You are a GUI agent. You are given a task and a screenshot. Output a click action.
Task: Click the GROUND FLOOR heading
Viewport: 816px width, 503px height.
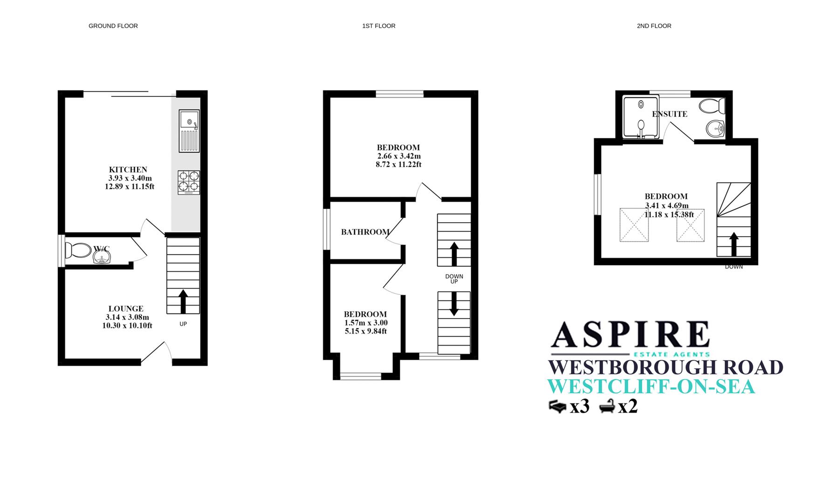click(113, 26)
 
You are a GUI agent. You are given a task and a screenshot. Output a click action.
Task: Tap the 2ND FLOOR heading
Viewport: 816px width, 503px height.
click(654, 26)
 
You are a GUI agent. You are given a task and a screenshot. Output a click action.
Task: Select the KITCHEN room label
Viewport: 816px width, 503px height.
click(128, 170)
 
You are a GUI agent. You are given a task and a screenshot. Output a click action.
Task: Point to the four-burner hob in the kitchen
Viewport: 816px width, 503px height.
click(189, 182)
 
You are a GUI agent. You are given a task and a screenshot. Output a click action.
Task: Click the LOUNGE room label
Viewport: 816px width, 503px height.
click(126, 308)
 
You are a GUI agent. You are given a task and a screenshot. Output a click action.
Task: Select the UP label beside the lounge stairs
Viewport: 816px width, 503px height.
click(183, 324)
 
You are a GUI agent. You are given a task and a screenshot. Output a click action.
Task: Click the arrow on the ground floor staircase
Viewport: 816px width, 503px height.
click(183, 301)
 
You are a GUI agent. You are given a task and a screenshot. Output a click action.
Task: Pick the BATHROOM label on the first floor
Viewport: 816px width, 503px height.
click(365, 232)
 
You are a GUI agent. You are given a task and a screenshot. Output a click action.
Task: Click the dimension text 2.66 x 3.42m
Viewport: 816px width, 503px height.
click(399, 156)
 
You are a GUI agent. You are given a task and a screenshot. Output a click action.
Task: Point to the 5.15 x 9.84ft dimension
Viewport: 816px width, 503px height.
click(366, 331)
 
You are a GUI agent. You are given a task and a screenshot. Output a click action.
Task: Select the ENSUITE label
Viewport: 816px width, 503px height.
click(670, 114)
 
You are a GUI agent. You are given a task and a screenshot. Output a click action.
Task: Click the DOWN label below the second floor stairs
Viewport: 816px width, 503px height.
click(734, 267)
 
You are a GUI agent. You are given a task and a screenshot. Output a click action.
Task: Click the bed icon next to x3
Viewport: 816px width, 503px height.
click(558, 407)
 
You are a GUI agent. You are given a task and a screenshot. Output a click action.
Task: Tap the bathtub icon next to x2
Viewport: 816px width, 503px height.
click(607, 407)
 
